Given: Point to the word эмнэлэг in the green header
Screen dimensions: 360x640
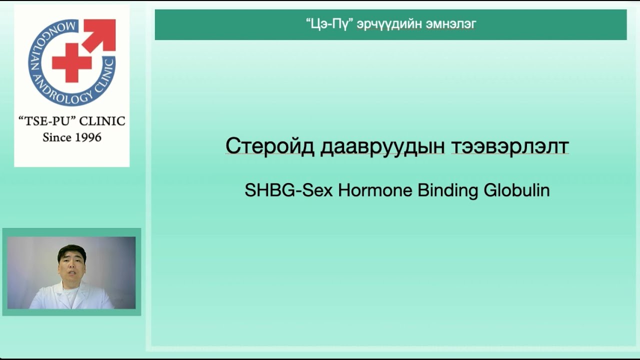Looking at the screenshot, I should point(450,24).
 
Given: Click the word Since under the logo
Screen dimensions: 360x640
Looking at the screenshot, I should point(56,137).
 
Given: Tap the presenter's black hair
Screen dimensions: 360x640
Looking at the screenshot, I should point(71,249).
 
